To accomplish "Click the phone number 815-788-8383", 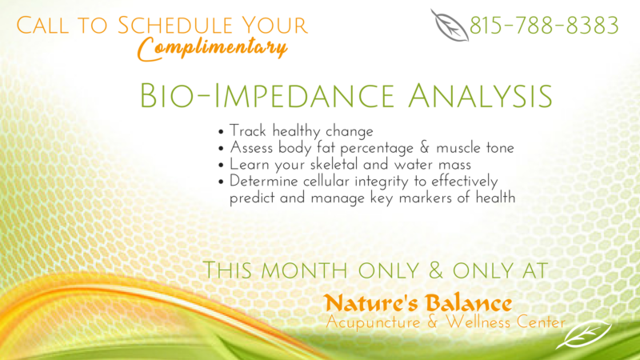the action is pos(544,26).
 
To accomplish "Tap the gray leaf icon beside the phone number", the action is pos(449,26).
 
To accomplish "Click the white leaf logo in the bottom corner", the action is pos(584,335).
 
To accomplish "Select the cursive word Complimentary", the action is pos(212,49).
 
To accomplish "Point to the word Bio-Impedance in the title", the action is pos(267,96).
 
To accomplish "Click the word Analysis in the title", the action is pos(481,96).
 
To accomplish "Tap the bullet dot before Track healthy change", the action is pos(221,132).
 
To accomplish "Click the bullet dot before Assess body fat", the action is pos(221,149).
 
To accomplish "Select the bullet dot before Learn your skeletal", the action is pos(221,166).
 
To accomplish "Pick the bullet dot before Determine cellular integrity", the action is pos(221,182).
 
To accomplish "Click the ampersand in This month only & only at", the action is pos(436,270).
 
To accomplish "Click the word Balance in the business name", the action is pos(468,304).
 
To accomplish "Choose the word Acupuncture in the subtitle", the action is pos(373,322).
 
